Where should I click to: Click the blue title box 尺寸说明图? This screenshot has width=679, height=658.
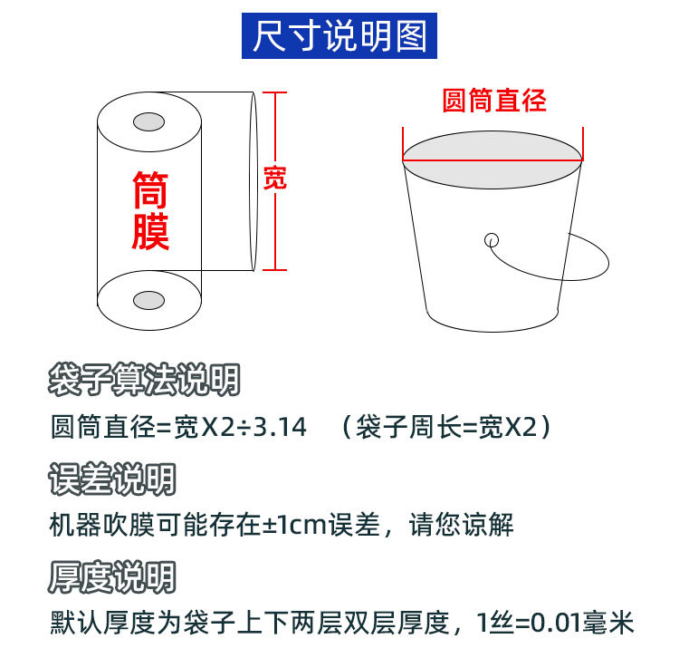pyautogui.click(x=339, y=37)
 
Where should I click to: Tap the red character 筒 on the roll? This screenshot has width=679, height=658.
pyautogui.click(x=150, y=191)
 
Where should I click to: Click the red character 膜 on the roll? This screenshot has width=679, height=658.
pyautogui.click(x=150, y=231)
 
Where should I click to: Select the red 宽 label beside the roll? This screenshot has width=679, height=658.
pyautogui.click(x=274, y=178)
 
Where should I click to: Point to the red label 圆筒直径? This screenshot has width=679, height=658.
pyautogui.click(x=493, y=100)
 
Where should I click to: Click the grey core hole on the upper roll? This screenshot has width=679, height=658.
pyautogui.click(x=148, y=121)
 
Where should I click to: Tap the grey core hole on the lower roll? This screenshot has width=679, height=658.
pyautogui.click(x=148, y=300)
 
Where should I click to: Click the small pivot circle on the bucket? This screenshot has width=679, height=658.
pyautogui.click(x=492, y=240)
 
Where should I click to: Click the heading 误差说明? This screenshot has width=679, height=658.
pyautogui.click(x=112, y=479)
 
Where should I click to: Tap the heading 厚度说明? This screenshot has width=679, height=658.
pyautogui.click(x=112, y=576)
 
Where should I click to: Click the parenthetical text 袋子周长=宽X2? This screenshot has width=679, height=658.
pyautogui.click(x=447, y=427)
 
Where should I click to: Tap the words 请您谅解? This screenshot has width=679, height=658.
pyautogui.click(x=461, y=525)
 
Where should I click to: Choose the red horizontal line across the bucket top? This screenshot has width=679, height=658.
pyautogui.click(x=493, y=160)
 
